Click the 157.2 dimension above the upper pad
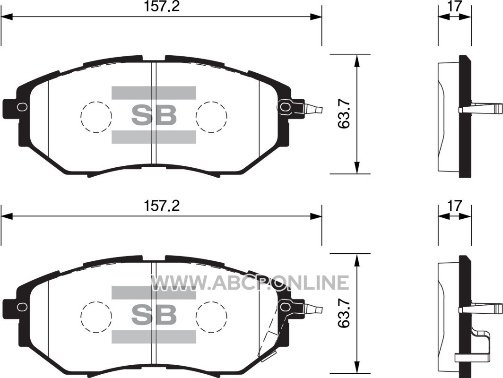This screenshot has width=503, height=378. click(x=161, y=6)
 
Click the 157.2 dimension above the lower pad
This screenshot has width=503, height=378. click(x=161, y=206)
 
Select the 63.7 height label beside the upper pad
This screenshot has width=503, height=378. click(x=344, y=114)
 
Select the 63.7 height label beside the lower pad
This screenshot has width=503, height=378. click(x=344, y=313)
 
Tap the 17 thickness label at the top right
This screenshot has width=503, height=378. click(x=455, y=6)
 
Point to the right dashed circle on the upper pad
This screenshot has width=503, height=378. click(x=212, y=102)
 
